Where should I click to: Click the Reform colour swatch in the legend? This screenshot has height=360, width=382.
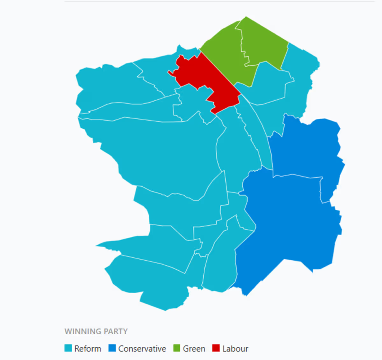pyautogui.click(x=68, y=348)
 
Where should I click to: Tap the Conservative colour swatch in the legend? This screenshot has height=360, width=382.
pyautogui.click(x=112, y=348)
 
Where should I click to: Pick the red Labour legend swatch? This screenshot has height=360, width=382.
pyautogui.click(x=216, y=348)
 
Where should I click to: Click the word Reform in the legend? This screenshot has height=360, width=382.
pyautogui.click(x=88, y=349)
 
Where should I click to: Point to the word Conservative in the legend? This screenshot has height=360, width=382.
pyautogui.click(x=142, y=349)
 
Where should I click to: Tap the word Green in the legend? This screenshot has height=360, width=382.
pyautogui.click(x=194, y=349)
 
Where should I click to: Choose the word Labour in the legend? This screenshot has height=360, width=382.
pyautogui.click(x=235, y=349)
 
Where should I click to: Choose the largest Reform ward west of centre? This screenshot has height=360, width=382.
pyautogui.click(x=157, y=153)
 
